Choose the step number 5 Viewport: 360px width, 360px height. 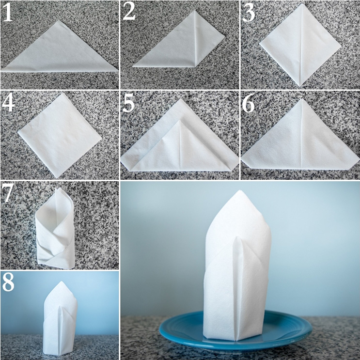128,103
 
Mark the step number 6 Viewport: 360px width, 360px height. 249,103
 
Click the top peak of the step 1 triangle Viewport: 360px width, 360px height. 59,20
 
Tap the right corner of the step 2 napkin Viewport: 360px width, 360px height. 224,36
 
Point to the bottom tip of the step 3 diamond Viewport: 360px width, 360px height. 299,86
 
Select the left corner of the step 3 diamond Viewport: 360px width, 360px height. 260,43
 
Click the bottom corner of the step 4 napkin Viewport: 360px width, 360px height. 57,177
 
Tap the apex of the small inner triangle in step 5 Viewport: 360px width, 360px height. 180,121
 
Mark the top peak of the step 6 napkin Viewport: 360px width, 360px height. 301,99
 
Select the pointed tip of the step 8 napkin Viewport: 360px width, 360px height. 61,282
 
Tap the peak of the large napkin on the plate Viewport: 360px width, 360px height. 239,190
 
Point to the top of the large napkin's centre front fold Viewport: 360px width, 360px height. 237,237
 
